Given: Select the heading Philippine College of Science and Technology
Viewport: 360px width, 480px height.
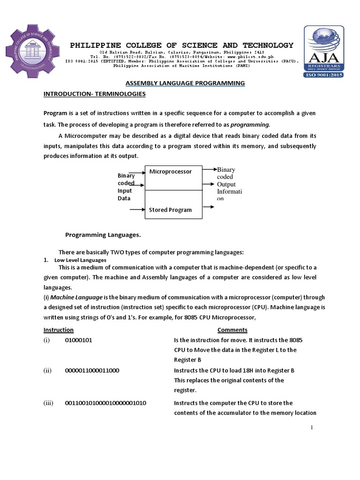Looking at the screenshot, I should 181,45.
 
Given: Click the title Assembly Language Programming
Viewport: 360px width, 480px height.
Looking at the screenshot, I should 185,83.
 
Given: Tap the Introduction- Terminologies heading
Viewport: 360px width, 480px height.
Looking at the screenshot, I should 94,94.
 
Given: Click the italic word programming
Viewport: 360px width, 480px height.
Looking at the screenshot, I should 250,124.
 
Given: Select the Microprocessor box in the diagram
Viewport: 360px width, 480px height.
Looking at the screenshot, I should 173,178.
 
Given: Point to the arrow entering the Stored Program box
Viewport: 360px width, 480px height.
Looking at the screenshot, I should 137,210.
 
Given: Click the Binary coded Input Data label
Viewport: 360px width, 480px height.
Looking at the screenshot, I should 126,187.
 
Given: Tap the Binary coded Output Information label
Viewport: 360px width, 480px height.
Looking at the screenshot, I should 226,184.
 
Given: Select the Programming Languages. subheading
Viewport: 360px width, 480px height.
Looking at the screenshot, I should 103,234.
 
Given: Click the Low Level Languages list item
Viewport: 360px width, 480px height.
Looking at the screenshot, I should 80,260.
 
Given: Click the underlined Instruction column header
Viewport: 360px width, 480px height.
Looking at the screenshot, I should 59,330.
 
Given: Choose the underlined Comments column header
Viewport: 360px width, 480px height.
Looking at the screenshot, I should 232,330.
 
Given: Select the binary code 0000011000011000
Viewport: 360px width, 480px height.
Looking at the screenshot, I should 92,370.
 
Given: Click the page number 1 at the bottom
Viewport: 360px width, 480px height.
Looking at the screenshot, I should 311,427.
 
